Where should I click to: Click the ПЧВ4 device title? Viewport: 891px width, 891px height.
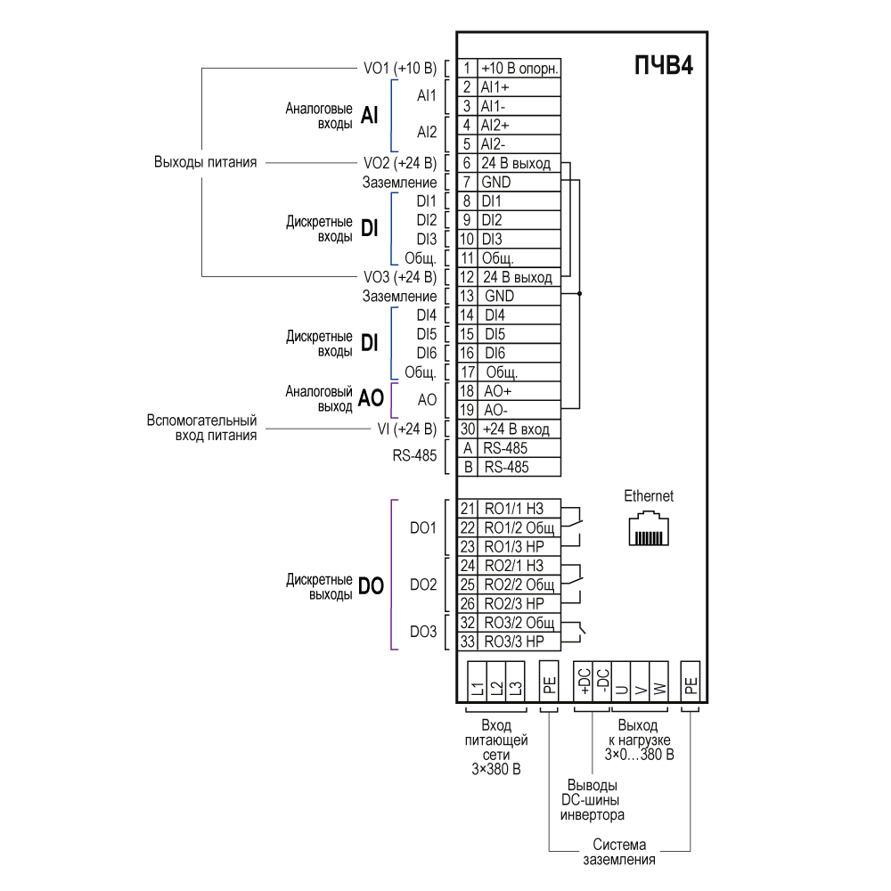[664, 65]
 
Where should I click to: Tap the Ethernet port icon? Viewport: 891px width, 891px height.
[649, 528]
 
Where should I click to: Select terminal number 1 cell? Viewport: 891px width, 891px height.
[467, 69]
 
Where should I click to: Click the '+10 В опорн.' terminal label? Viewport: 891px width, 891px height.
[519, 69]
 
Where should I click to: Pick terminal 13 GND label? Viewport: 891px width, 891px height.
[499, 296]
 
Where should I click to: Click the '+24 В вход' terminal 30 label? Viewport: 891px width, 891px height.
[516, 429]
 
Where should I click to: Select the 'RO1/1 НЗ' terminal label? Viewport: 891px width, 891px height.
[514, 509]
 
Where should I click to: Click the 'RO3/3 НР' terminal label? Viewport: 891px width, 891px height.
[514, 642]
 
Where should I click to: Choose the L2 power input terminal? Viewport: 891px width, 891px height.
[496, 682]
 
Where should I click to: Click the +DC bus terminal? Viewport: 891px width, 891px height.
[584, 682]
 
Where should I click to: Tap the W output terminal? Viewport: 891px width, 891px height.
[659, 682]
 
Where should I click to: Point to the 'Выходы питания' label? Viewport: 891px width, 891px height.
[205, 162]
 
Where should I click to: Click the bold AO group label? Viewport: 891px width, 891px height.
[371, 398]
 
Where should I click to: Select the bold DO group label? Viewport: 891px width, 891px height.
[371, 586]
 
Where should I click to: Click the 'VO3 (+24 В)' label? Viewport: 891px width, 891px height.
[400, 277]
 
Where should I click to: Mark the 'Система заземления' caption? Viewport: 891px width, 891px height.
[619, 852]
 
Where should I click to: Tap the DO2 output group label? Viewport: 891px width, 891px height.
[423, 584]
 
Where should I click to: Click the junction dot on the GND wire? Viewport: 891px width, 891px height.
[580, 294]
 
